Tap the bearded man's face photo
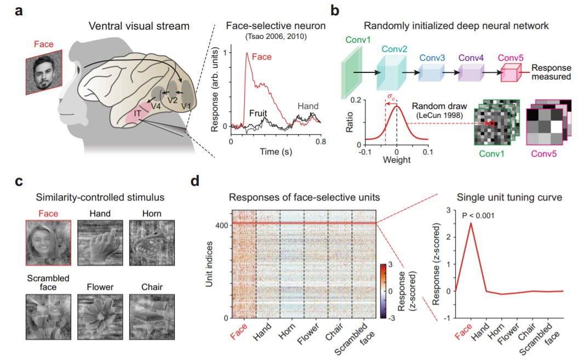[x=43, y=72]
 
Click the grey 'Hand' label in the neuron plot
[x=308, y=106]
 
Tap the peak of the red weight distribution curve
[x=397, y=104]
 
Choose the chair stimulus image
[x=151, y=314]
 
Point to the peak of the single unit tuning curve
[x=470, y=223]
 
